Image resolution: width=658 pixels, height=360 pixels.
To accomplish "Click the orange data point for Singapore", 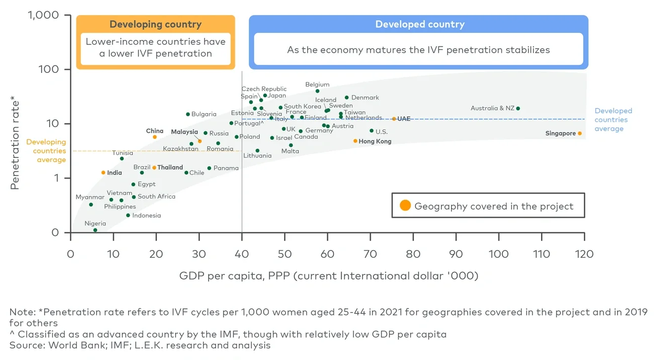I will coord(580,134).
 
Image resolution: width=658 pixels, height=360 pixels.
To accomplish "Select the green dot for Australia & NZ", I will coord(518,108).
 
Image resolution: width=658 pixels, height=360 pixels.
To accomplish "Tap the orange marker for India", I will coord(103,173).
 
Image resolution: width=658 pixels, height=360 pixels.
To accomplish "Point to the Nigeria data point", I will coord(95,230).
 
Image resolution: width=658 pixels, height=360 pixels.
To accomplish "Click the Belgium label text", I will coord(317,85).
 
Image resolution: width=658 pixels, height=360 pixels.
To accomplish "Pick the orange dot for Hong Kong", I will coord(355,141).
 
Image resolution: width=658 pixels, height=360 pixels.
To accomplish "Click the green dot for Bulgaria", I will coord(188,114).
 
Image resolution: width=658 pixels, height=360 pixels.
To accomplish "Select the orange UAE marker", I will coord(394,119).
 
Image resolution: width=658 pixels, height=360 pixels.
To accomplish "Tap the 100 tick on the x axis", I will coord(499,253).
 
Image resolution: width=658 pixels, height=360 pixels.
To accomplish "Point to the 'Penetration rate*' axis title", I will coord(15,145).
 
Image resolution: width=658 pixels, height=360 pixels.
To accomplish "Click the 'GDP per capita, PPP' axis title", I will coord(328,276).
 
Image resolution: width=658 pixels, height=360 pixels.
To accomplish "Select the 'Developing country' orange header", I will coord(155,24).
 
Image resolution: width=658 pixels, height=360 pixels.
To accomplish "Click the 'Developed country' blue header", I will coord(420,24).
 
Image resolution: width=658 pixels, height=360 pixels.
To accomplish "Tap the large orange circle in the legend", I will coord(405,206).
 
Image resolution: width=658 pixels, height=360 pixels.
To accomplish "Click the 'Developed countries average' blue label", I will coord(613,120).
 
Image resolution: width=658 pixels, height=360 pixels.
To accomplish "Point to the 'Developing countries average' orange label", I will coord(46,151).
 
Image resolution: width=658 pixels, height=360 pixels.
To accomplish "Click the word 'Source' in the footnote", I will coord(23,345).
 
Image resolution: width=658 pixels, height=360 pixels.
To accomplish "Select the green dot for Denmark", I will coord(347,98).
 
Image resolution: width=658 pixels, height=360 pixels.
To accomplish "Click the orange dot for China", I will coord(155,137).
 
